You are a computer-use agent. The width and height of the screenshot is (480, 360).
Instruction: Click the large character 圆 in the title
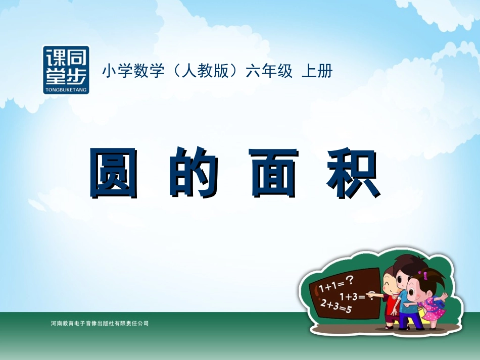pos(114,173)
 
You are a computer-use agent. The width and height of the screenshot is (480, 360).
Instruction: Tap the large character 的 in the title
pos(194,173)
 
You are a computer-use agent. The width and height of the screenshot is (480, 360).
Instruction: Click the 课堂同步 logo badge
pos(66,70)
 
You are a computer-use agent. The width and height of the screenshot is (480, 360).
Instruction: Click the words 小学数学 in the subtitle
pos(133,71)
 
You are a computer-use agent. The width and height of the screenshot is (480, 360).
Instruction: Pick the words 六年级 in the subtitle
pos(269,71)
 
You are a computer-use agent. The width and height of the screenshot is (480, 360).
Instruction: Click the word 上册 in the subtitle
pos(317,71)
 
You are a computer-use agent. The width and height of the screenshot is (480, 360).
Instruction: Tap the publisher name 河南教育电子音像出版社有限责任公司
pos(100,323)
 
